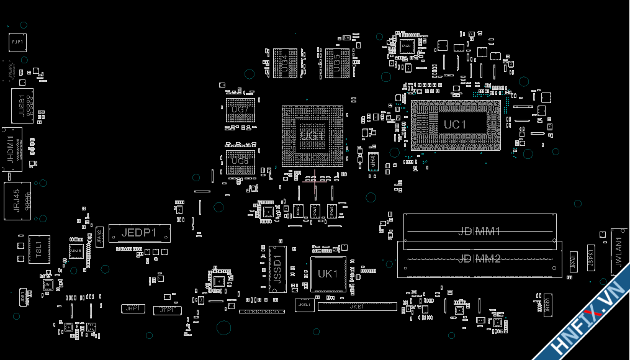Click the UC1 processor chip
click(x=455, y=125)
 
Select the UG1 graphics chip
click(x=312, y=136)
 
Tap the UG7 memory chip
click(x=240, y=110)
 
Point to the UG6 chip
click(x=240, y=161)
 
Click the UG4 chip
click(x=286, y=63)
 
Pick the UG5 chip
click(x=337, y=63)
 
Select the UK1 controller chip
click(x=328, y=274)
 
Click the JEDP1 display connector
click(x=139, y=233)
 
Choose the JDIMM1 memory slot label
click(x=479, y=232)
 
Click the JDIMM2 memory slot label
click(x=479, y=259)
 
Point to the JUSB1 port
click(x=22, y=105)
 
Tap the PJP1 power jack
click(x=17, y=42)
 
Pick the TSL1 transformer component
click(x=38, y=249)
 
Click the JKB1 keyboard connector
click(x=357, y=307)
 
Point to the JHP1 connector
click(x=132, y=308)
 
